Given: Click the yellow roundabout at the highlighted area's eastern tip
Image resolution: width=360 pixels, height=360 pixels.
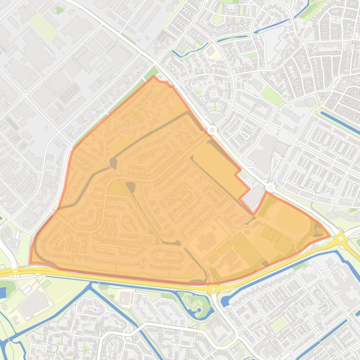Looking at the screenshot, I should (x=341, y=238).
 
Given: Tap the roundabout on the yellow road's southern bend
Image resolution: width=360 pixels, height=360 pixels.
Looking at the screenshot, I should (x=214, y=289).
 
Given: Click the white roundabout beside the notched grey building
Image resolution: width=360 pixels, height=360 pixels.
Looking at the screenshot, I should (x=270, y=187).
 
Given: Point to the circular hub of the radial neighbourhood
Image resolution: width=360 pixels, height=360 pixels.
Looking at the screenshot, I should (x=214, y=94).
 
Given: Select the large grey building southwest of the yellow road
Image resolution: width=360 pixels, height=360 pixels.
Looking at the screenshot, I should (x=33, y=304).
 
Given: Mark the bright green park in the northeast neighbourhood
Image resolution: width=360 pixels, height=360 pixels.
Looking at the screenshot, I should (x=272, y=96).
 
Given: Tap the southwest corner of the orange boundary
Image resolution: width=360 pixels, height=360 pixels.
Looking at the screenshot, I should (x=30, y=263).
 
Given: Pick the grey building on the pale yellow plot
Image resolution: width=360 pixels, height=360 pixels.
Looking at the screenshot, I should (x=211, y=51).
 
